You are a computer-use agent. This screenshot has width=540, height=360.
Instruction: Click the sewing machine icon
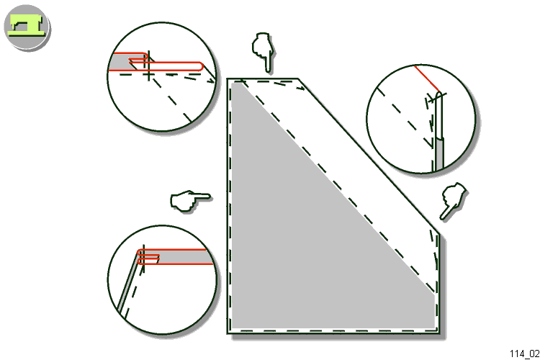click(x=27, y=27)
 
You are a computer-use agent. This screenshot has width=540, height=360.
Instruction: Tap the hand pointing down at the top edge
click(x=264, y=52)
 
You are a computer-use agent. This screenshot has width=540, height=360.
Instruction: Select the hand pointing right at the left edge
click(x=189, y=200)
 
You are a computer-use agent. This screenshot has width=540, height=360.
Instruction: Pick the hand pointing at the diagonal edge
click(x=453, y=200)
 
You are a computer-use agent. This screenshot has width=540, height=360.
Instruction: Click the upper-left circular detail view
click(x=161, y=76)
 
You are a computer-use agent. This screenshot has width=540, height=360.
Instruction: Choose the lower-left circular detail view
click(x=162, y=279)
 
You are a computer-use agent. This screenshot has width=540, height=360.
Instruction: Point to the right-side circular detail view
click(x=421, y=119)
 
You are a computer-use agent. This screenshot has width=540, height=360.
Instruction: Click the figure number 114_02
click(x=524, y=354)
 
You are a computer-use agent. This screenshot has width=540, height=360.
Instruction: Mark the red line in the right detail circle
click(x=426, y=78)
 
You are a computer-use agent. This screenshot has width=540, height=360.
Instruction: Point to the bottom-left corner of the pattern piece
click(x=228, y=333)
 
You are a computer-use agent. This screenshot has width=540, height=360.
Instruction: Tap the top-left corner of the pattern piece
click(x=228, y=79)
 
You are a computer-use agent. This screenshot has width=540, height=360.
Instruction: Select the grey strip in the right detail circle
click(x=438, y=153)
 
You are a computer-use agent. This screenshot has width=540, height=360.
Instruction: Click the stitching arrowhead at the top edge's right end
click(x=302, y=88)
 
